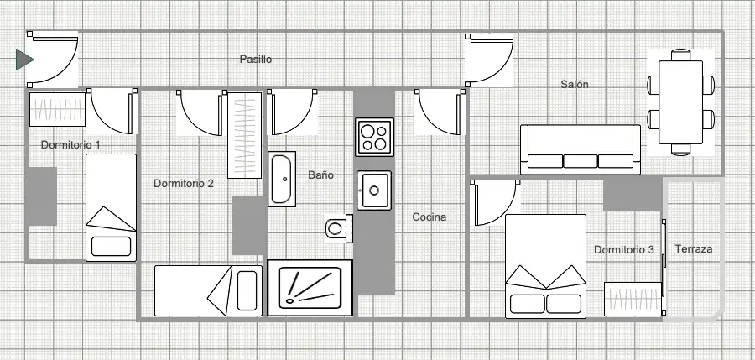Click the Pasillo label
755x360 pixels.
click(x=256, y=60)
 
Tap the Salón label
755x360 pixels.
click(x=575, y=85)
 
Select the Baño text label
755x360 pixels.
click(x=320, y=175)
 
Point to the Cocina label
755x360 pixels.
click(x=429, y=217)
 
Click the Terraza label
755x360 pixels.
click(x=694, y=249)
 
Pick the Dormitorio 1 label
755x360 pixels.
click(x=70, y=144)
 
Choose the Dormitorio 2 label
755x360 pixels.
click(x=184, y=184)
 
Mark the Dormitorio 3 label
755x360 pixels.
click(x=623, y=250)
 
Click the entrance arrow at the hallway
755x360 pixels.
click(x=24, y=60)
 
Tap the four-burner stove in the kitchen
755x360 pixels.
click(x=375, y=138)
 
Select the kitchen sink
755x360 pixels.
click(x=374, y=190)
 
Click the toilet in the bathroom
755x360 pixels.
click(x=340, y=228)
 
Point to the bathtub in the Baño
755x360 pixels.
click(x=282, y=180)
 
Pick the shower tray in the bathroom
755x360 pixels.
click(x=310, y=288)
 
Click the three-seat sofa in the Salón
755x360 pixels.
click(x=581, y=149)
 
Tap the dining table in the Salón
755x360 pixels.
click(x=680, y=102)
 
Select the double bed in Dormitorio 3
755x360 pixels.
click(x=545, y=267)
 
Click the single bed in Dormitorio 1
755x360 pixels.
click(x=112, y=208)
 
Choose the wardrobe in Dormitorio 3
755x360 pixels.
click(x=633, y=300)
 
